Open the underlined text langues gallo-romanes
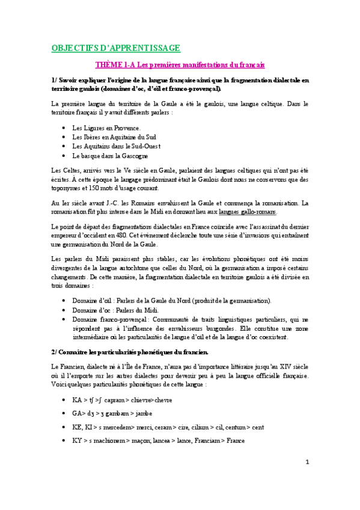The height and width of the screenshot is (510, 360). (x=248, y=212)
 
